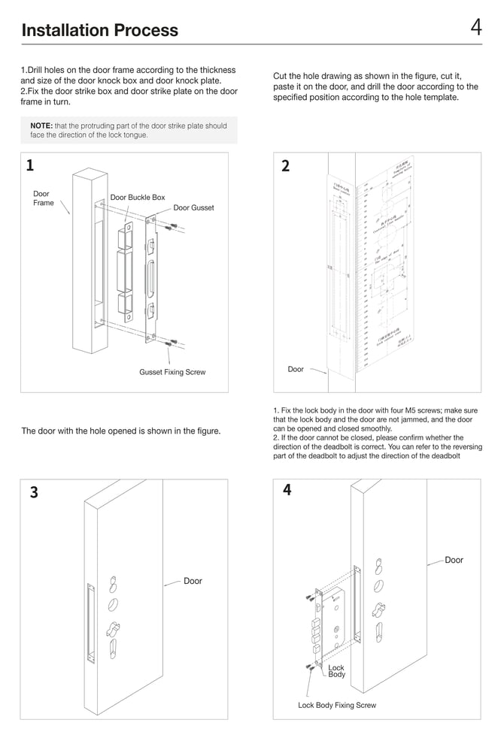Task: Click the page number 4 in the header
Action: (476, 28)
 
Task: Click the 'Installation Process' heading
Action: (100, 30)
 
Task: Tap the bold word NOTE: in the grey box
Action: (41, 126)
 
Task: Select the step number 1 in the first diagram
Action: (29, 165)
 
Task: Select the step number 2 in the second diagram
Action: (285, 166)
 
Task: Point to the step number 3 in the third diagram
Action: (34, 493)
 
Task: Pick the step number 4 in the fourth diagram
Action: (287, 490)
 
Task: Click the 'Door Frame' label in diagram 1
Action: (43, 198)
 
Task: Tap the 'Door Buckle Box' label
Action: (138, 198)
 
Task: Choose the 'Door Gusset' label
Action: (193, 207)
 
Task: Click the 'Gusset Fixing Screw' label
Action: (172, 372)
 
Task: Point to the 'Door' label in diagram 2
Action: (296, 369)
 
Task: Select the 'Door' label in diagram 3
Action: (193, 581)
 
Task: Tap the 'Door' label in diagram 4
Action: (454, 560)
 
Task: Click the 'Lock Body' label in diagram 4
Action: (336, 670)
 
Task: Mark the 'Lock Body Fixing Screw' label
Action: (337, 705)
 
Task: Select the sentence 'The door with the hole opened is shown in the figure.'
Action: (120, 431)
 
